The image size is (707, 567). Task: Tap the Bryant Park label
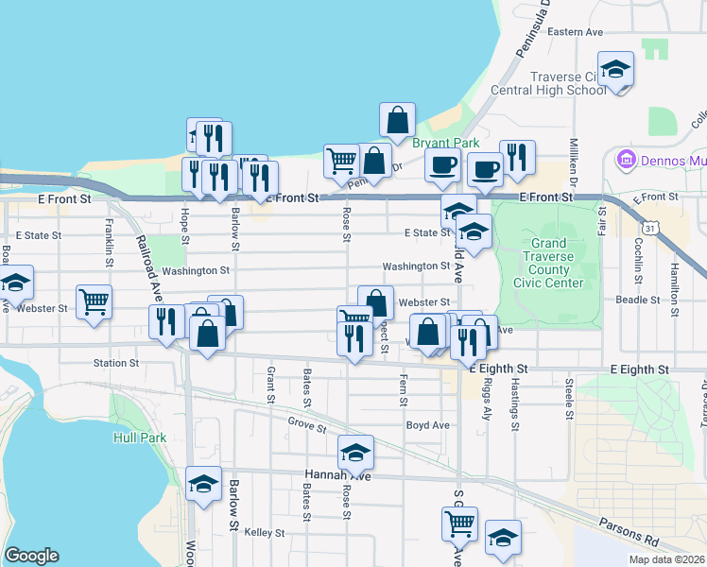click(x=434, y=143)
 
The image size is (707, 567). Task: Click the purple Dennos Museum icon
click(x=624, y=160)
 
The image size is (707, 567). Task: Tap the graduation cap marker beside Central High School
click(x=616, y=70)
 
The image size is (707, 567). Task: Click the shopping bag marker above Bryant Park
click(x=398, y=120)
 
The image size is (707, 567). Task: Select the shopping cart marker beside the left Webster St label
click(x=95, y=302)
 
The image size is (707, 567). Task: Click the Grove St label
click(x=307, y=426)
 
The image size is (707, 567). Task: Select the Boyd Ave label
click(x=427, y=424)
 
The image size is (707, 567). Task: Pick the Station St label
click(x=116, y=362)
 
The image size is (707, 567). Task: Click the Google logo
click(x=31, y=556)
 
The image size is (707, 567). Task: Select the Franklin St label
click(x=111, y=240)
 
